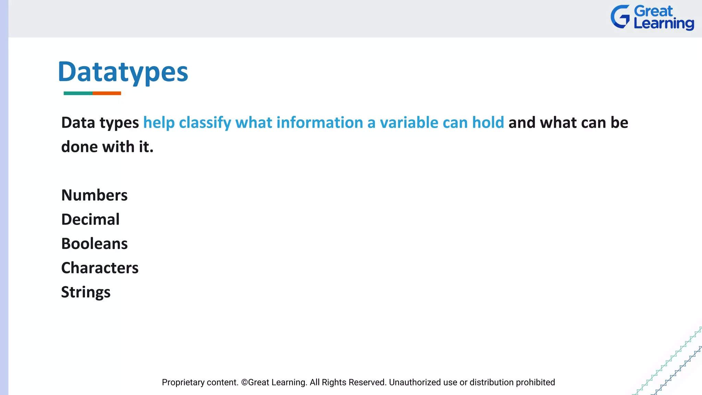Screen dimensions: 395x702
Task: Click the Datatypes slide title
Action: [123, 72]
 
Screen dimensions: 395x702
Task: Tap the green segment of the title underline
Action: [78, 93]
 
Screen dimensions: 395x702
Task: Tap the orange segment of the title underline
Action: [107, 93]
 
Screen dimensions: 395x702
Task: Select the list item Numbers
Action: [94, 195]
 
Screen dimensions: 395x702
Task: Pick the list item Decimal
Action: [90, 219]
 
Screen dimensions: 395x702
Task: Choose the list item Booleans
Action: [94, 244]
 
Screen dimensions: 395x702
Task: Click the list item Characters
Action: [100, 268]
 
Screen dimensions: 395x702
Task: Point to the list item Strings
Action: [86, 292]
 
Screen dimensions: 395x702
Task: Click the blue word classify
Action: [205, 123]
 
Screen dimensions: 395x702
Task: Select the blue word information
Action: [319, 123]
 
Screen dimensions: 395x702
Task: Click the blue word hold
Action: [488, 123]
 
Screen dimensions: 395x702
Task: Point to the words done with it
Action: [107, 147]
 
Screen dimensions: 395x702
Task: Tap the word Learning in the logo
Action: [664, 24]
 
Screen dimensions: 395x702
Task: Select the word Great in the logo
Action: [653, 11]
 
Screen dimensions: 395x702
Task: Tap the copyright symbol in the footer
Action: [244, 382]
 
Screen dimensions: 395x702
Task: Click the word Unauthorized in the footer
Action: [415, 382]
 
